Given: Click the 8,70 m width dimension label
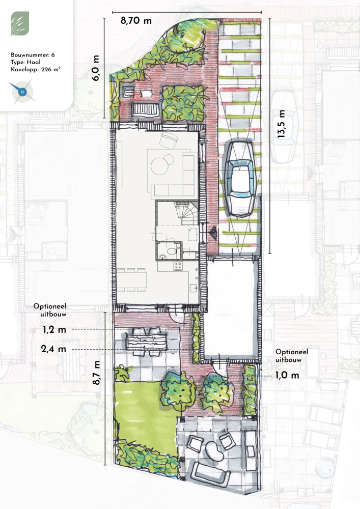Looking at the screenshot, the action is tap(136, 21).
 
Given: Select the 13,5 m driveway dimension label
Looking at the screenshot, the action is tap(281, 124).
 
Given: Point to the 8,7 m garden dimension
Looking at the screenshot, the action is tap(96, 373).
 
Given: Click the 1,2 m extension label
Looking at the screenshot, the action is tap(54, 330).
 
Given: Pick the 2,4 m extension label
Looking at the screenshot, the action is tap(53, 349).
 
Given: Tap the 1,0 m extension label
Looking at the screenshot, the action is tap(287, 375).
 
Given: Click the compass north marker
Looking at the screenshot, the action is tap(22, 92).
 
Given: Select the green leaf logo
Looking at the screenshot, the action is tap(20, 23).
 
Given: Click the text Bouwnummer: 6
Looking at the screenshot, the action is tap(33, 55).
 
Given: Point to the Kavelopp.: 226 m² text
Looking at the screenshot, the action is tap(36, 69).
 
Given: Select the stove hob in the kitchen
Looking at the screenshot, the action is tap(178, 266).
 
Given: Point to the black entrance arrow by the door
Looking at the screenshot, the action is tap(213, 233).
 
